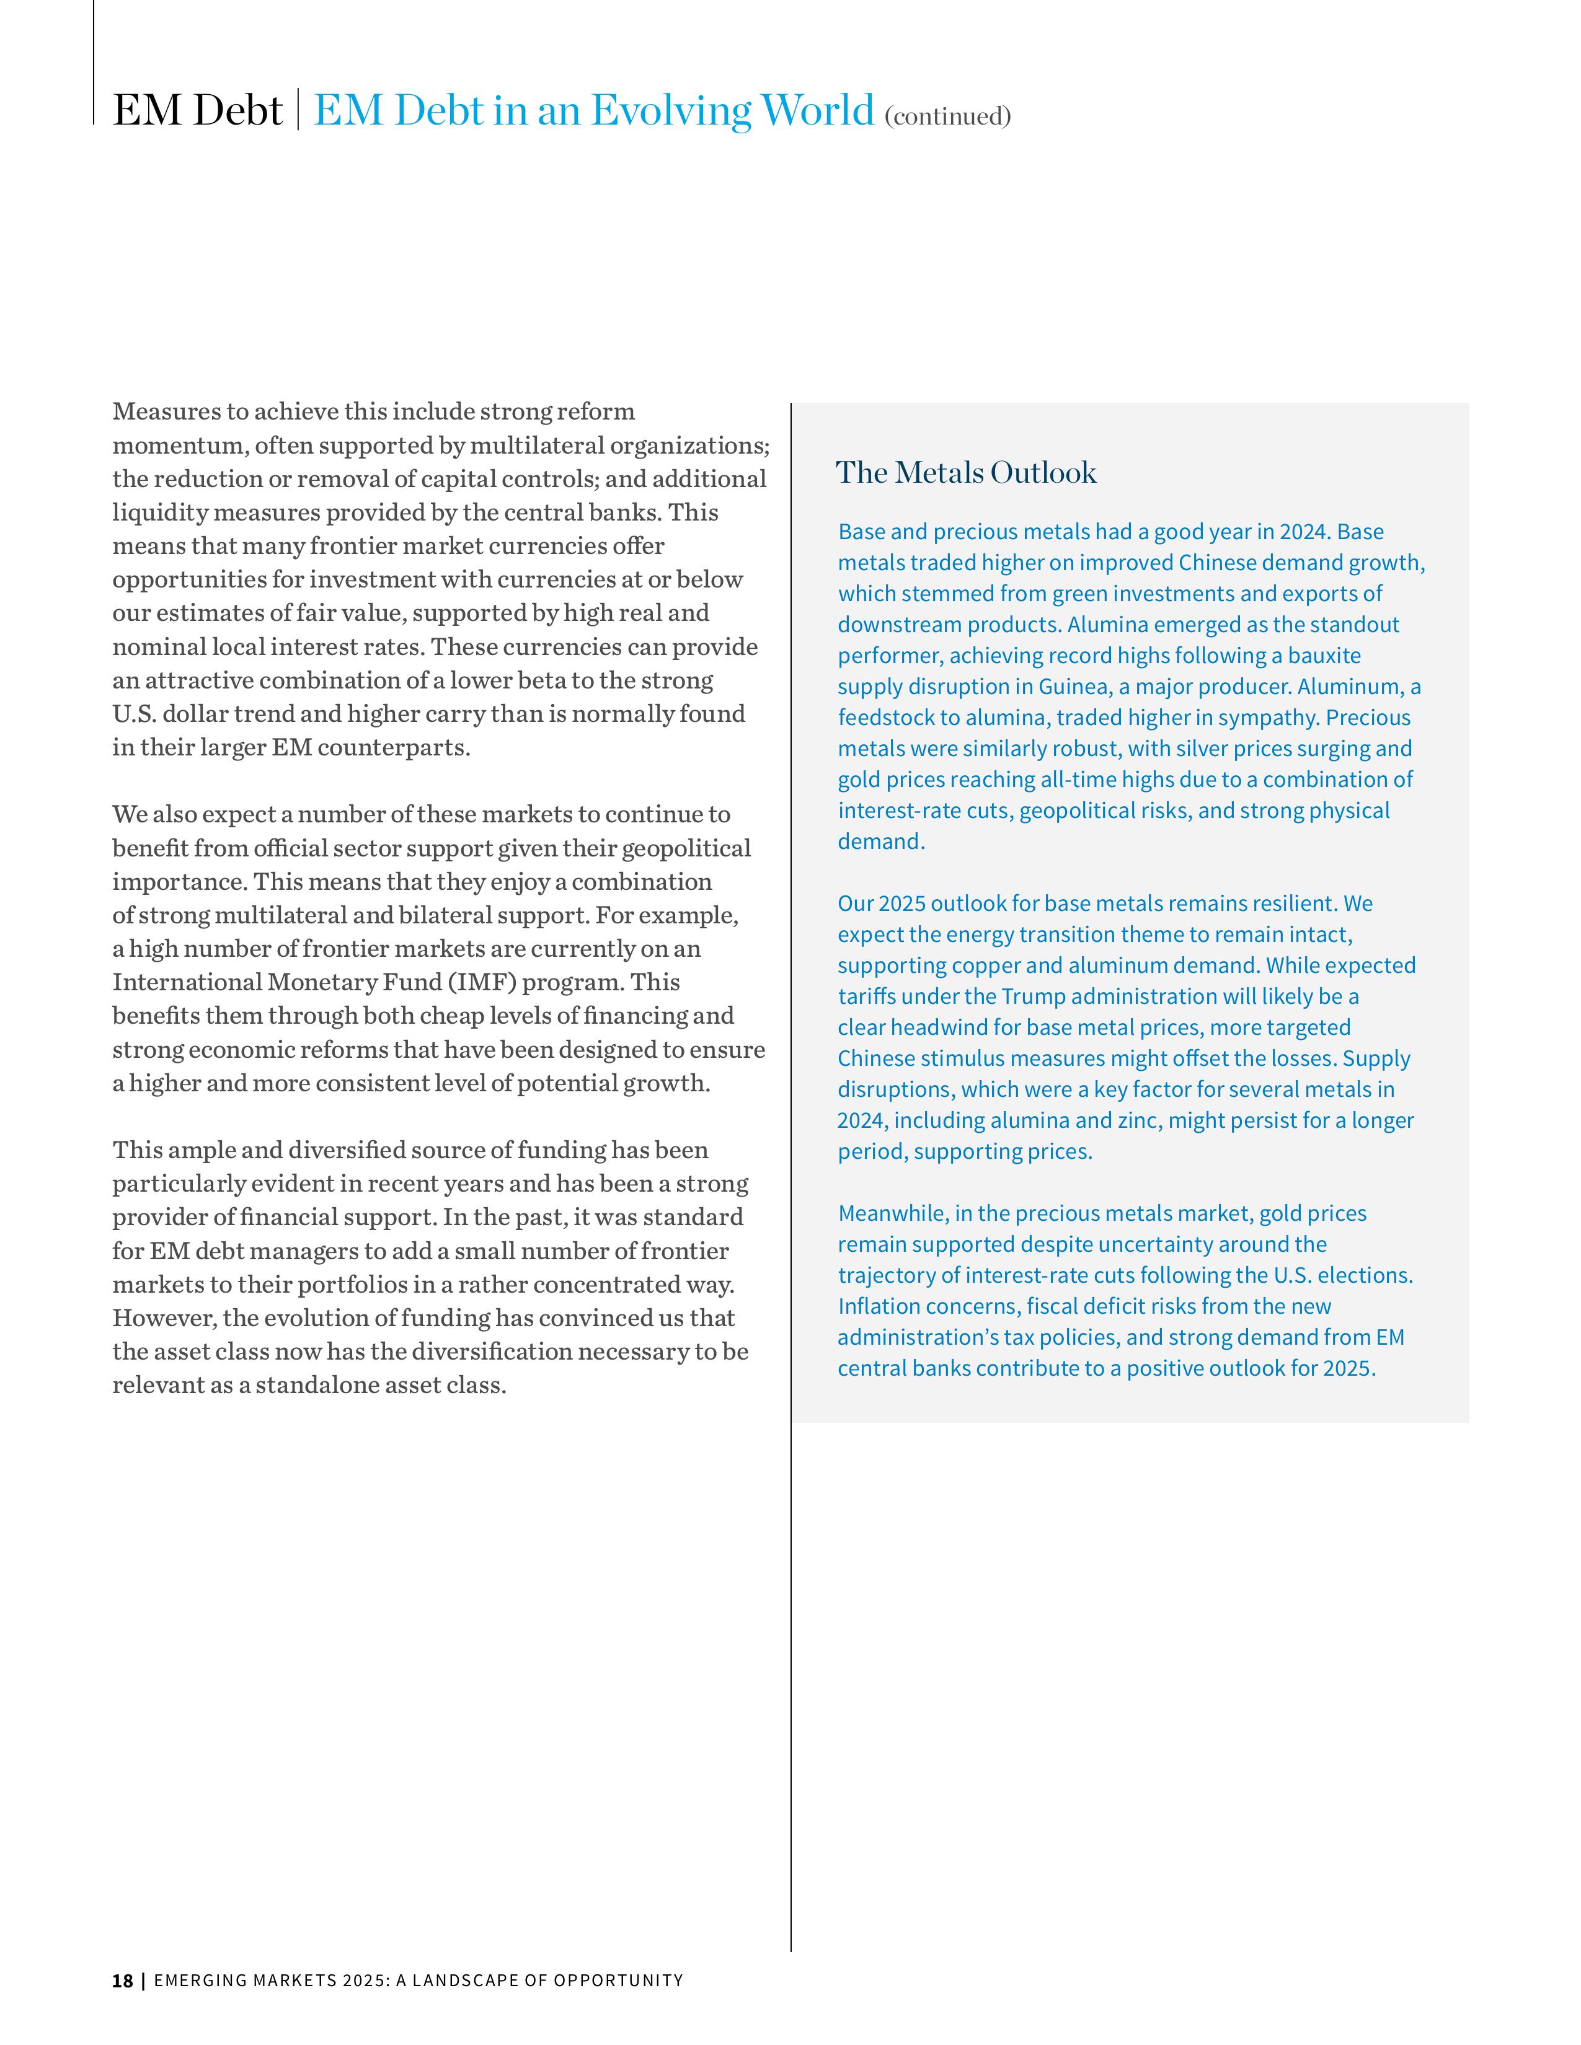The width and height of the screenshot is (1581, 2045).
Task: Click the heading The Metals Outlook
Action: (x=965, y=473)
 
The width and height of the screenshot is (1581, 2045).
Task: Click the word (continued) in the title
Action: (x=948, y=116)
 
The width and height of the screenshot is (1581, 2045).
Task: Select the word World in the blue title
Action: (x=817, y=110)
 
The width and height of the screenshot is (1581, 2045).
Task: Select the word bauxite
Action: (x=1324, y=656)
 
